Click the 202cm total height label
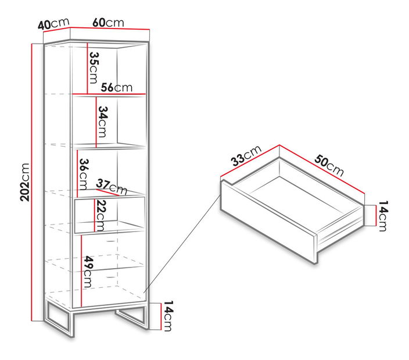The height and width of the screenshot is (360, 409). [25, 182]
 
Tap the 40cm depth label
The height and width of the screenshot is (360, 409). [53, 24]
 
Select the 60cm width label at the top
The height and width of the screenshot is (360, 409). [108, 23]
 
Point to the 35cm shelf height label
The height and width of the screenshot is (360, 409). [94, 67]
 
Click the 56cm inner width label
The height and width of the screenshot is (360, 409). [117, 87]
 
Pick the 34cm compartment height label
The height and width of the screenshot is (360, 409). [102, 122]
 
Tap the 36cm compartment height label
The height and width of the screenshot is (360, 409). [84, 174]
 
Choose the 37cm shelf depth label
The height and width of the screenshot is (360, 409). [112, 186]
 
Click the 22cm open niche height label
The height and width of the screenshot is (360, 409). [101, 215]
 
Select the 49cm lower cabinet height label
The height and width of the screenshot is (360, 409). [89, 272]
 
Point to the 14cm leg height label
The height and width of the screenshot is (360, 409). [168, 316]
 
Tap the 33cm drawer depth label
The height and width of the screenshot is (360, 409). [246, 156]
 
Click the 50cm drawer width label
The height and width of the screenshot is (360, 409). [329, 165]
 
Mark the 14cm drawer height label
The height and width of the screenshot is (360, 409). [383, 216]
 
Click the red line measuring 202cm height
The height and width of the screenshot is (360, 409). [32, 182]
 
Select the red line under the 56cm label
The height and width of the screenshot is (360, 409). [109, 94]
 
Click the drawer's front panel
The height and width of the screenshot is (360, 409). [268, 222]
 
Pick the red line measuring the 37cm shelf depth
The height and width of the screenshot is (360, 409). [107, 193]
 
